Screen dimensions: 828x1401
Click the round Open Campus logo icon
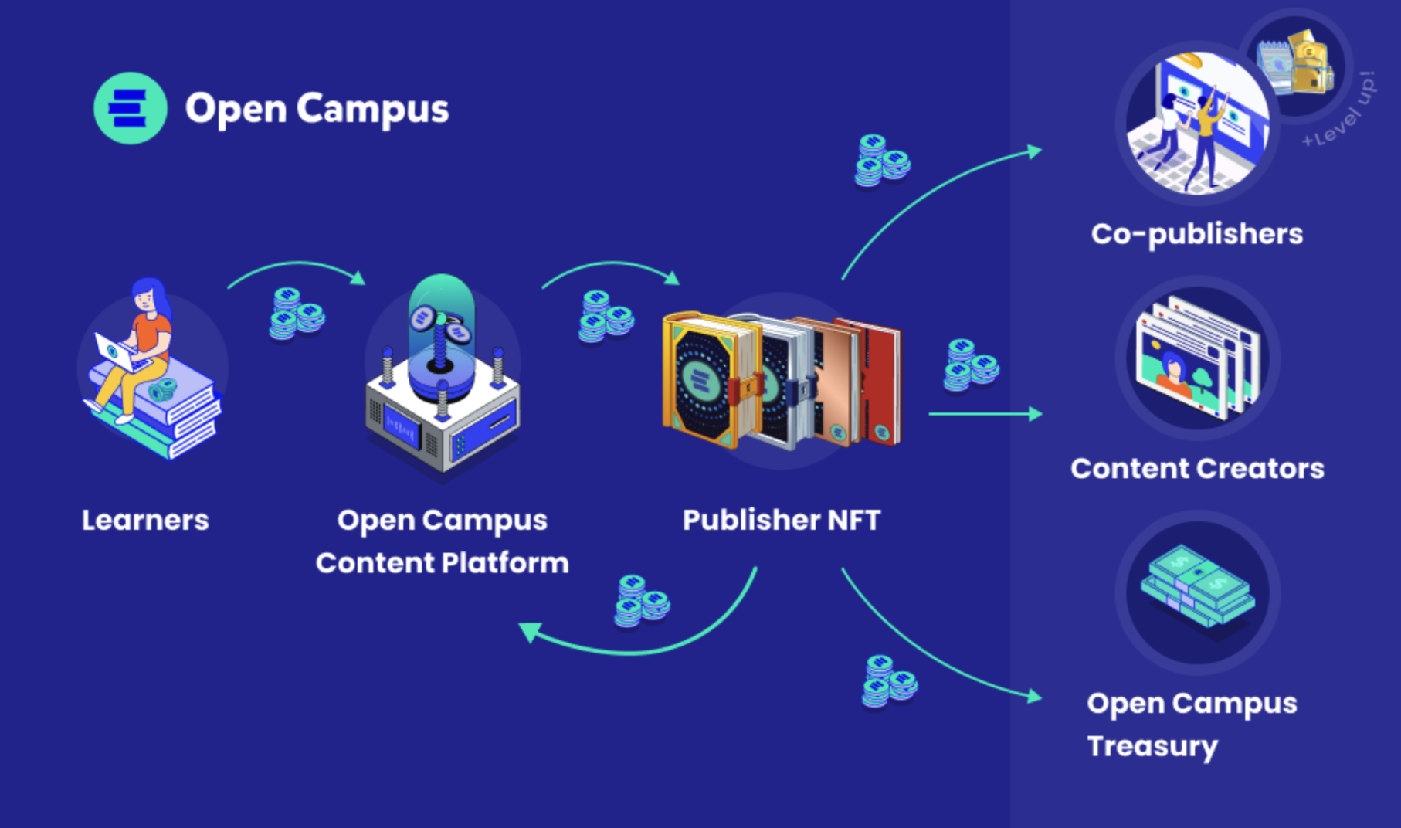pyautogui.click(x=130, y=108)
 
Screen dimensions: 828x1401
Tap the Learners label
pyautogui.click(x=145, y=521)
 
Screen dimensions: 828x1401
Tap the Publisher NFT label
pyautogui.click(x=781, y=521)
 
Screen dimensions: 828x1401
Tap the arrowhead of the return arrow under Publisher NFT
pyautogui.click(x=530, y=632)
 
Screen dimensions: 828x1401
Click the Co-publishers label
pyautogui.click(x=1196, y=234)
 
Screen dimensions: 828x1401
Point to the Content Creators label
pyautogui.click(x=1196, y=469)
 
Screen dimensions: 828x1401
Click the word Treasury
pyautogui.click(x=1152, y=747)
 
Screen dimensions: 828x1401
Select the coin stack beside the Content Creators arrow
pyautogui.click(x=970, y=365)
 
